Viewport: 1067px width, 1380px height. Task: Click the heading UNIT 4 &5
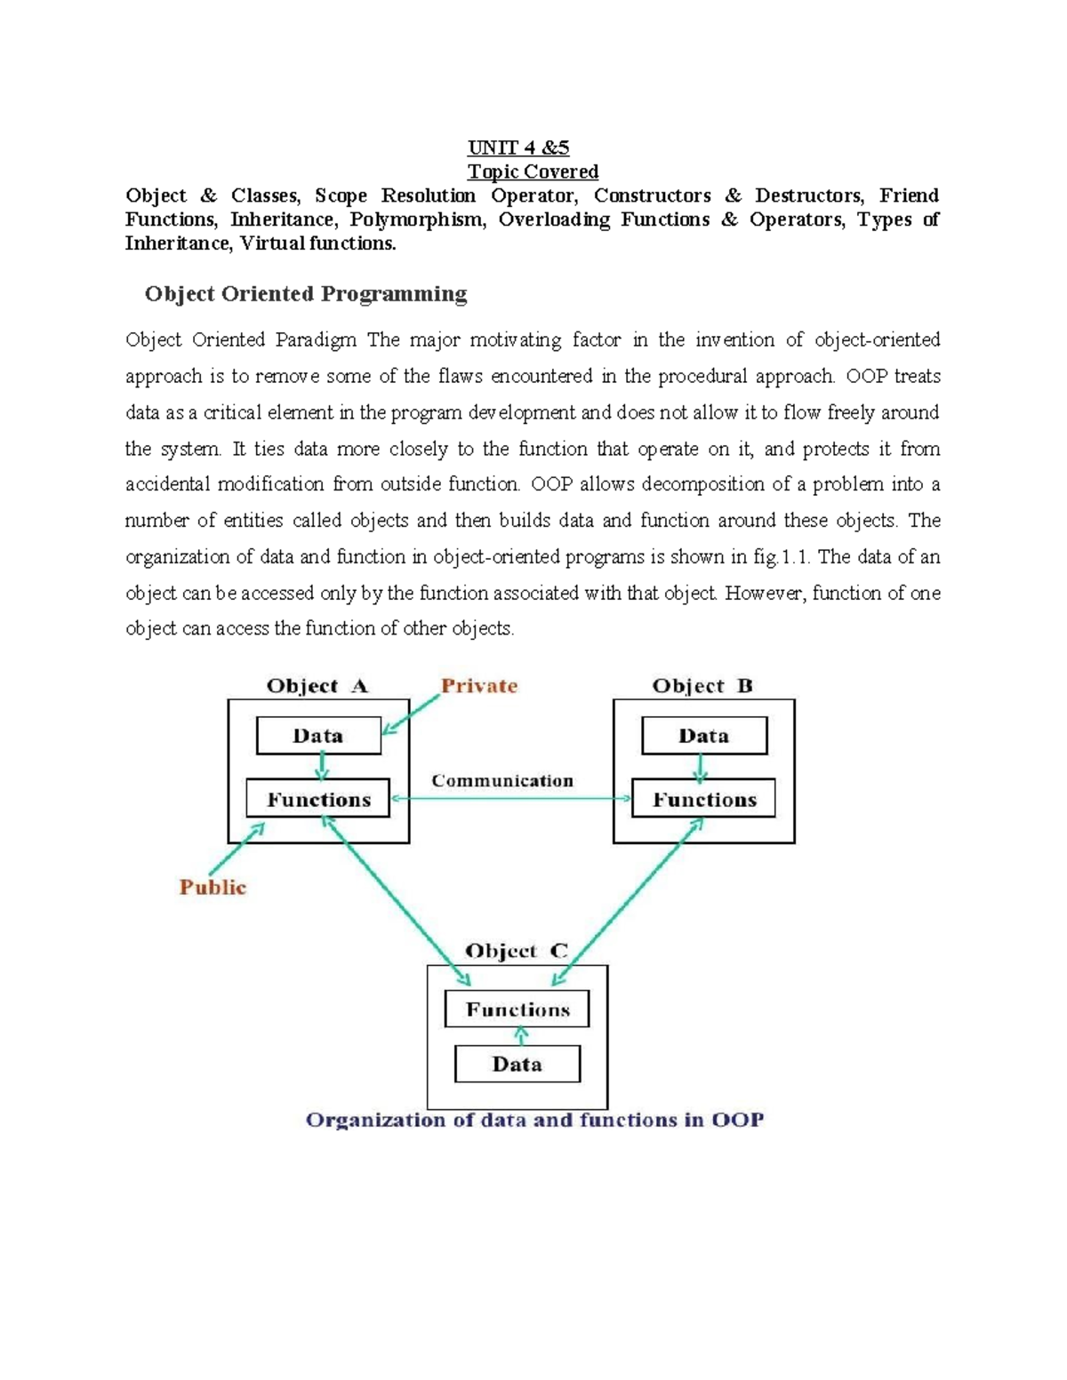pos(518,148)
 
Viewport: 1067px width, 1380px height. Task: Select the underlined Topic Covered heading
pos(533,172)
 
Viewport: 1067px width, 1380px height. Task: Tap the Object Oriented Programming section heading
pos(306,294)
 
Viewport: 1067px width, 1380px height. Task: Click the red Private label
pos(479,686)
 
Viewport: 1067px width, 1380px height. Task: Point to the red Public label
pos(213,887)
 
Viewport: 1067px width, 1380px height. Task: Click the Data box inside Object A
pos(318,736)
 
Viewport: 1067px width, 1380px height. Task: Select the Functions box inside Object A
pos(318,799)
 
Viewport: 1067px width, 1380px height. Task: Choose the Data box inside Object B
pos(703,736)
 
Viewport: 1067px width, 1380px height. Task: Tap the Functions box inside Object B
pos(703,799)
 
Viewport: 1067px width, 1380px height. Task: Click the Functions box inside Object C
pos(517,1009)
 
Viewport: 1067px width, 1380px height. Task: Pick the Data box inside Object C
pos(517,1064)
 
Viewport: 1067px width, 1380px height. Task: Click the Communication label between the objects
pos(502,781)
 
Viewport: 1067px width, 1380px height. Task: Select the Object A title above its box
pos(317,686)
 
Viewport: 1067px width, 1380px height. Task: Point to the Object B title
pos(702,686)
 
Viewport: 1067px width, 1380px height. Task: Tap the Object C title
pos(516,951)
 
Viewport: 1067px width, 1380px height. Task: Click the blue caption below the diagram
pos(534,1120)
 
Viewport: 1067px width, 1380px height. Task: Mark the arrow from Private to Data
pos(411,714)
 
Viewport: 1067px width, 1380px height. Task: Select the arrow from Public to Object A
pos(237,850)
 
